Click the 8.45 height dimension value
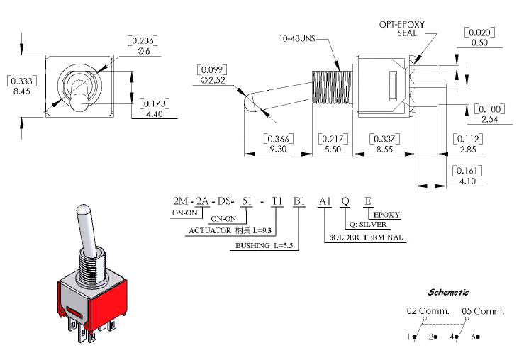22,91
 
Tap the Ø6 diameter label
143,51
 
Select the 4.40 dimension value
155,114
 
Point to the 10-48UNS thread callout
297,39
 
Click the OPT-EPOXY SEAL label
402,29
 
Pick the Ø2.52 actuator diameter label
213,80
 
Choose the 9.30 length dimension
278,149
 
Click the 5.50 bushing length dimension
333,149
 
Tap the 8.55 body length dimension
384,149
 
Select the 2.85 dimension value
468,150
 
